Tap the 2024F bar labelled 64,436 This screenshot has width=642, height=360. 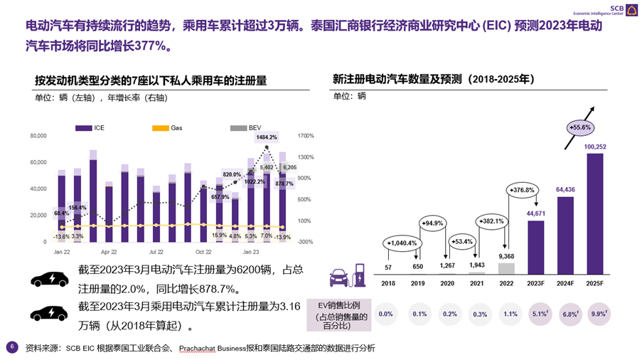pyautogui.click(x=565, y=235)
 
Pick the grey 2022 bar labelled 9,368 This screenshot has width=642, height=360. pyautogui.click(x=505, y=268)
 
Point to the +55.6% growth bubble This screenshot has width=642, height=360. pyautogui.click(x=580, y=127)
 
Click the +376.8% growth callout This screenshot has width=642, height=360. pyautogui.click(x=520, y=190)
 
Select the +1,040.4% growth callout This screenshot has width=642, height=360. pyautogui.click(x=402, y=243)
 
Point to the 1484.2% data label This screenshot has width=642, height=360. pyautogui.click(x=267, y=137)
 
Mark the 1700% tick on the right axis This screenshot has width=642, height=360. pyautogui.click(x=306, y=136)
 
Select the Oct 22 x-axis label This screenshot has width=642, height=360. pyautogui.click(x=203, y=252)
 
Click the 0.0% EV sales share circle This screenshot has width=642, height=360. pyautogui.click(x=386, y=314)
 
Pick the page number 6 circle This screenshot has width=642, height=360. pyautogui.click(x=11, y=347)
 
